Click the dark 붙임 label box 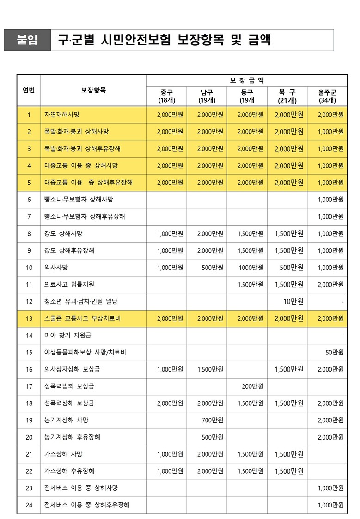coord(27,40)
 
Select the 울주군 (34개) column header coord(327,96)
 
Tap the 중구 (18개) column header coord(167,96)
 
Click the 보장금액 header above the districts coord(247,80)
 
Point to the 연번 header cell coord(29,90)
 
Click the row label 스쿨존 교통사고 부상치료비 coord(82,318)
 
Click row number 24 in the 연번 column coord(29,505)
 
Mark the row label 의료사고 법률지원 coord(69,284)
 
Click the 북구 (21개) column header coord(287,96)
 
